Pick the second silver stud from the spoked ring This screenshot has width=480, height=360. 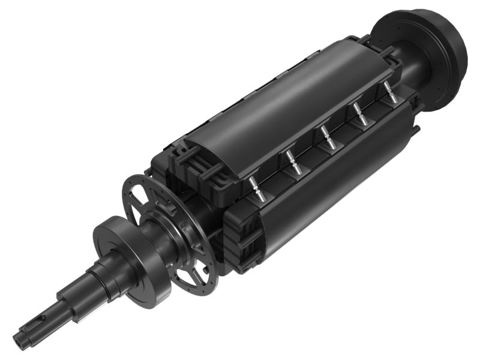coord(292,160)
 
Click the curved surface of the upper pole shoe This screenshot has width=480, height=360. coord(288,90)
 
